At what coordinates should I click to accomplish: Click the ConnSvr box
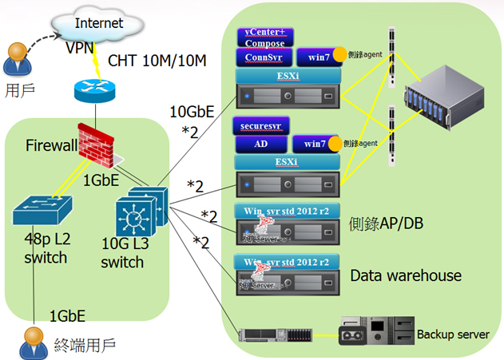point(261,57)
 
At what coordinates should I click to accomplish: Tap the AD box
point(260,144)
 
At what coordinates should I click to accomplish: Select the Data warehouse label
point(406,275)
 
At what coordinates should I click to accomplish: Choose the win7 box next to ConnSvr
point(312,57)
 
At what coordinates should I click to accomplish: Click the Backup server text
point(453,334)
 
